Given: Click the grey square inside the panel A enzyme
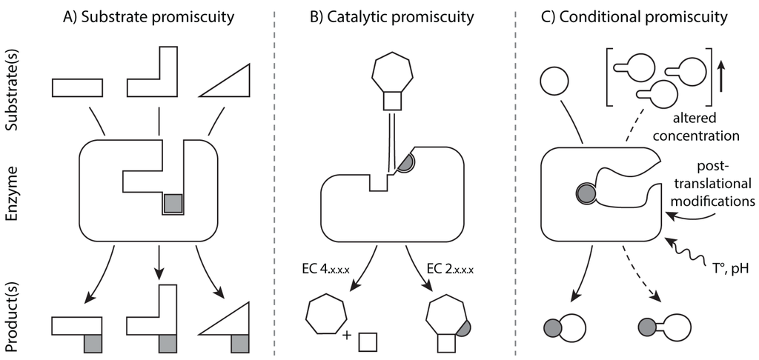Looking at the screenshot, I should tap(173, 203).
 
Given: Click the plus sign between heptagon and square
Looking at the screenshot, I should tap(348, 336).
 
